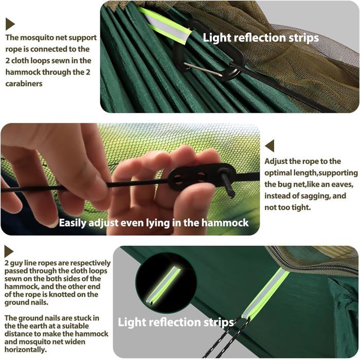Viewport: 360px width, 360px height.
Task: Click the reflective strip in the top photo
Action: coord(164,26)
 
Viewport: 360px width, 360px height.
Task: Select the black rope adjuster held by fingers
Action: coord(202,176)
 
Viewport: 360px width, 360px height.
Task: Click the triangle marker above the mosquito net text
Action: coord(10,24)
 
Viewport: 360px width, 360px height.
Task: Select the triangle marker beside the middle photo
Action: coord(269,146)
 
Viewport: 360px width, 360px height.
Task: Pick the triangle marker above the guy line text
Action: coord(9,251)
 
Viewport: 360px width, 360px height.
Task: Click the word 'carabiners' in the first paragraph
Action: coord(24,83)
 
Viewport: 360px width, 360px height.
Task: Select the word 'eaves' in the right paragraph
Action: coord(340,185)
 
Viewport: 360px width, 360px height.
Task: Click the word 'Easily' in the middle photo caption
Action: coord(73,223)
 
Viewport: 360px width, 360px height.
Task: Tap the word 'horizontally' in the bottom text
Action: coord(25,350)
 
